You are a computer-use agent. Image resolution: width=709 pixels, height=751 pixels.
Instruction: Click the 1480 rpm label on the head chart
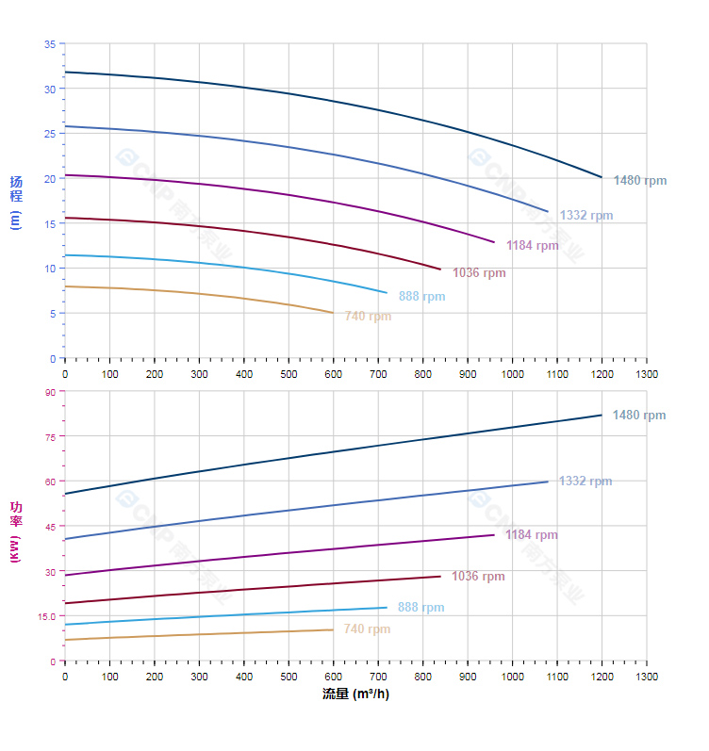639,180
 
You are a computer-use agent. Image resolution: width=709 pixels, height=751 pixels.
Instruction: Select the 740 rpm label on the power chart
367,629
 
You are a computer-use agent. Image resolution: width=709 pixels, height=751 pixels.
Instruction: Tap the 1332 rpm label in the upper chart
585,216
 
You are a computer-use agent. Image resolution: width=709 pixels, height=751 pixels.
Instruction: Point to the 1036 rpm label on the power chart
478,577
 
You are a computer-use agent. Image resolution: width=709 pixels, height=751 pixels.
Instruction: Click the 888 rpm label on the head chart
421,297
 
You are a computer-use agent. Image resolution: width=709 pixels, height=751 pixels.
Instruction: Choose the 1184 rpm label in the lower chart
531,535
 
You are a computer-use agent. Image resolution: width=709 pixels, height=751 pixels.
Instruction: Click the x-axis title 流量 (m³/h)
355,694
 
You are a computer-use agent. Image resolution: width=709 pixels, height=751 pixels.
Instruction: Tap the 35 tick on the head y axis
49,44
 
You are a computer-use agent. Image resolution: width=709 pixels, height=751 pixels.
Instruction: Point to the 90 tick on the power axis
49,391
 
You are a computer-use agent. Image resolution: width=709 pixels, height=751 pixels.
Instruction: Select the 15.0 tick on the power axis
46,616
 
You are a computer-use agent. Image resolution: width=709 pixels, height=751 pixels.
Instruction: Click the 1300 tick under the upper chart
647,374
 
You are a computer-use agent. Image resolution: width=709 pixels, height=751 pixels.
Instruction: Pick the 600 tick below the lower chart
334,677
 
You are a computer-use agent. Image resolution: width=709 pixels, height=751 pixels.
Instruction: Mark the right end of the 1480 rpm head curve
602,177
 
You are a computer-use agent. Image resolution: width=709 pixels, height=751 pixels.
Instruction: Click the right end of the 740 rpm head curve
333,313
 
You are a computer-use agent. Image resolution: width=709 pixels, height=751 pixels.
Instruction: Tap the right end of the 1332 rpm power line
548,482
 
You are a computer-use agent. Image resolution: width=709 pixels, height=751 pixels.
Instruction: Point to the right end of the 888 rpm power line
387,608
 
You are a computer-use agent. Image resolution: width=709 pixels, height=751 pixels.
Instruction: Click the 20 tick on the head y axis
49,178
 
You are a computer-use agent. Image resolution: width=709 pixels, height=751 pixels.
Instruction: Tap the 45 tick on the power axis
49,526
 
